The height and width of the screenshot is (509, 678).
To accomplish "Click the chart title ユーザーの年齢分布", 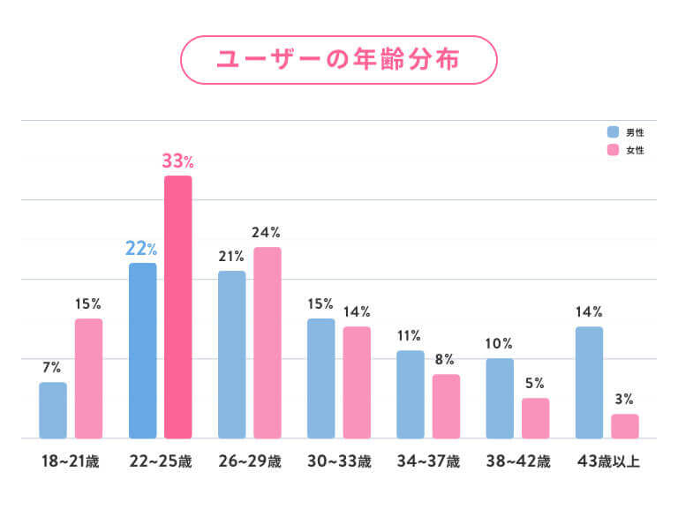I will (x=339, y=60).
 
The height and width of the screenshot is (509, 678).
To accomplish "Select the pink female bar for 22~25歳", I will (x=178, y=307).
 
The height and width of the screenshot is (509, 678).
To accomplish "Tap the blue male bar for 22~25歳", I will (x=143, y=350).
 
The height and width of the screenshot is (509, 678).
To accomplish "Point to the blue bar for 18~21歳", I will (x=53, y=410).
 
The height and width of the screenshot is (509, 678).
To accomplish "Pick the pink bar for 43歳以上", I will (x=625, y=426).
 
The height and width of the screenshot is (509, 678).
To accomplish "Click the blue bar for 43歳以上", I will (x=589, y=382).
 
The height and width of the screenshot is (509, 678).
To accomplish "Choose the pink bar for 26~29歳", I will (x=267, y=342).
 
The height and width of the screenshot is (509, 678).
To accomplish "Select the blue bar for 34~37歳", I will (x=411, y=394).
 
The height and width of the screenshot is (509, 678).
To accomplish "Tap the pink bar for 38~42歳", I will (x=535, y=418).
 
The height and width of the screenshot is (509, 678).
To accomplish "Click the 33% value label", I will (x=177, y=161).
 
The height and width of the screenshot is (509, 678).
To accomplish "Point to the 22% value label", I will (x=141, y=249).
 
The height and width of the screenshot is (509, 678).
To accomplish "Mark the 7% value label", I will (x=51, y=367).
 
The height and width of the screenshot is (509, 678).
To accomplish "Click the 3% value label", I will (x=624, y=399).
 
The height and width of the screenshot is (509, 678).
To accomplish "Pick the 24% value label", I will (x=266, y=233).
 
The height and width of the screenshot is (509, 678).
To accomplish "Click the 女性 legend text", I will (x=636, y=151).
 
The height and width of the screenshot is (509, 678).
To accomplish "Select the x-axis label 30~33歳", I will (x=338, y=461).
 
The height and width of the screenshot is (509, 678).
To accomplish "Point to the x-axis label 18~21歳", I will (x=71, y=461).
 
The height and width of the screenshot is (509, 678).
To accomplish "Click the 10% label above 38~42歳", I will (x=499, y=343).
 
